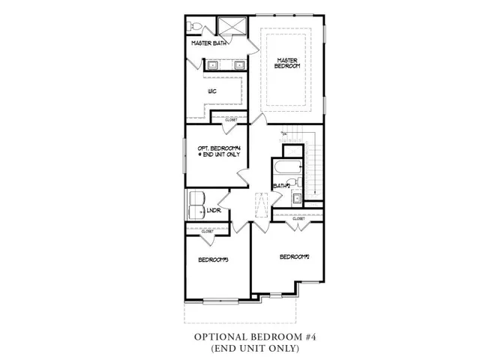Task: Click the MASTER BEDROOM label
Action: pyautogui.click(x=288, y=63)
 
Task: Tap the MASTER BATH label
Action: pyautogui.click(x=209, y=43)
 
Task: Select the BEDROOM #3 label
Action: pyautogui.click(x=213, y=259)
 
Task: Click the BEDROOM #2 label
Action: pyautogui.click(x=295, y=256)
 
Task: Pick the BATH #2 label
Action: pyautogui.click(x=282, y=185)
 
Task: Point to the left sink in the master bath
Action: pyautogui.click(x=213, y=64)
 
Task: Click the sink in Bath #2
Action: pyautogui.click(x=296, y=198)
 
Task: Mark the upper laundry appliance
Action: pyautogui.click(x=196, y=197)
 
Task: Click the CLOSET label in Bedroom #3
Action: pyautogui.click(x=207, y=232)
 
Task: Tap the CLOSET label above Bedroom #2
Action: pyautogui.click(x=309, y=218)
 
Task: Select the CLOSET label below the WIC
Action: pyautogui.click(x=231, y=119)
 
